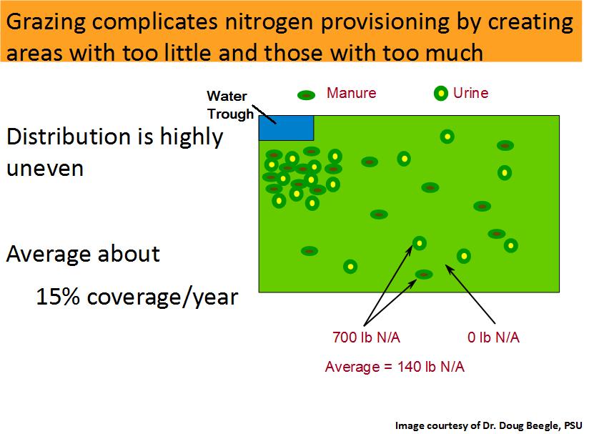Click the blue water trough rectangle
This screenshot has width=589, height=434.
pyautogui.click(x=286, y=128)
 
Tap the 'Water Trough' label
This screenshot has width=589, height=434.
pyautogui.click(x=230, y=105)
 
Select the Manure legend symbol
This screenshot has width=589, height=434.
pyautogui.click(x=306, y=95)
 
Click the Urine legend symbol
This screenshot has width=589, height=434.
pyautogui.click(x=440, y=93)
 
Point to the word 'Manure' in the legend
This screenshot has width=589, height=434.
pyautogui.click(x=351, y=93)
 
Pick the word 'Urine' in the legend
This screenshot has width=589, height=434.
pyautogui.click(x=470, y=93)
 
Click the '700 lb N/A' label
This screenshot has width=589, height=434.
pyautogui.click(x=366, y=337)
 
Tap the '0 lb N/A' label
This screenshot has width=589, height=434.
pyautogui.click(x=494, y=337)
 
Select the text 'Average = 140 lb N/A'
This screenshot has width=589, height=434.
pyautogui.click(x=395, y=366)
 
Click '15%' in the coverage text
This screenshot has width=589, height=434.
pyautogui.click(x=58, y=297)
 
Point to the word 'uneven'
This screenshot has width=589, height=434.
pyautogui.click(x=45, y=169)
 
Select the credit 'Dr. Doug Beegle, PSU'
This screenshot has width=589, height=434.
pyautogui.click(x=533, y=425)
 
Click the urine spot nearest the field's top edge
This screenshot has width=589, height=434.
pyautogui.click(x=447, y=137)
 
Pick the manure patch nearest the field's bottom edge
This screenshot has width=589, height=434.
pyautogui.click(x=424, y=275)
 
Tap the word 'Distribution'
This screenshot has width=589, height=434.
pyautogui.click(x=80, y=136)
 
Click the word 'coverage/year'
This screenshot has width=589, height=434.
pyautogui.click(x=163, y=297)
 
